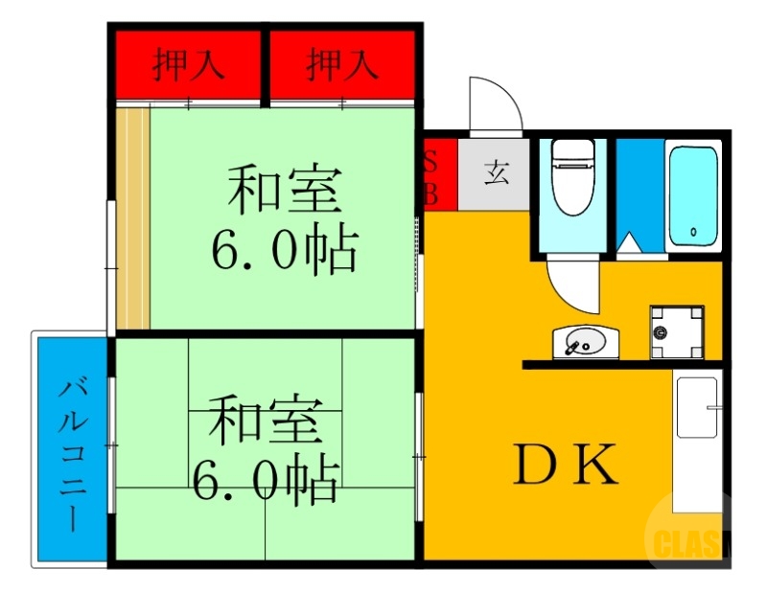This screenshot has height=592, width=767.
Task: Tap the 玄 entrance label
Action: pyautogui.click(x=495, y=174)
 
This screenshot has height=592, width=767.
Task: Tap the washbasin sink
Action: pyautogui.click(x=585, y=341)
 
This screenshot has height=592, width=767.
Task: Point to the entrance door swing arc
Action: pyautogui.click(x=495, y=102)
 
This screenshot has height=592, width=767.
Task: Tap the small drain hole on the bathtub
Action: pyautogui.click(x=692, y=231)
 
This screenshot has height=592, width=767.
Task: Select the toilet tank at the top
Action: pyautogui.click(x=572, y=151)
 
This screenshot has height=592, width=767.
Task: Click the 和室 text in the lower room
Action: pyautogui.click(x=266, y=421)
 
